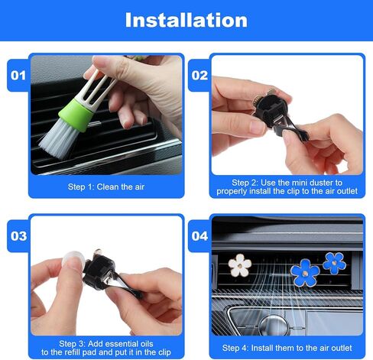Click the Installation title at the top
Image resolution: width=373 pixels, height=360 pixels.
click(186, 20)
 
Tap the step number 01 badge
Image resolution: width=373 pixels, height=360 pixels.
click(18, 76)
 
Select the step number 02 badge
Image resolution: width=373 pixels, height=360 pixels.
click(199, 76)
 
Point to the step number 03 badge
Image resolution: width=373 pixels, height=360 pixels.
click(18, 236)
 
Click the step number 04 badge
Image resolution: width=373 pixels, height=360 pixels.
click(199, 236)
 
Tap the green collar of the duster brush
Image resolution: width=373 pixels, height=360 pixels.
click(75, 115)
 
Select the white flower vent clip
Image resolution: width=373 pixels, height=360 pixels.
click(240, 265)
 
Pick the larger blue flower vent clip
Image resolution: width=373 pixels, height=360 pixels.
click(305, 273)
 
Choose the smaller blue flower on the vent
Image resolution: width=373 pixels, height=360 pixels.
click(334, 264)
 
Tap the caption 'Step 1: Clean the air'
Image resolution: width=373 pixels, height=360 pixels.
click(106, 186)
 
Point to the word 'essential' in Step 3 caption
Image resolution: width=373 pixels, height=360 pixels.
click(120, 344)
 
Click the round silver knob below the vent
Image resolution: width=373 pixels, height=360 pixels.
click(274, 325)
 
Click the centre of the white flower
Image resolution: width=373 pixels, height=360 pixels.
click(240, 266)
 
